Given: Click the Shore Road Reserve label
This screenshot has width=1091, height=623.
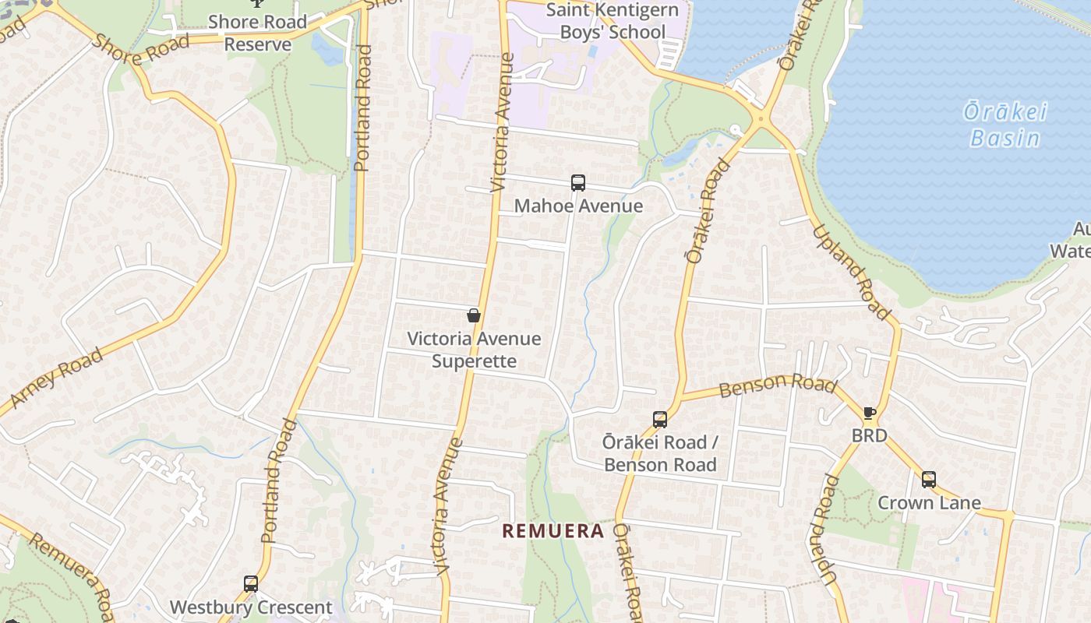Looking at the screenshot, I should tap(257, 33).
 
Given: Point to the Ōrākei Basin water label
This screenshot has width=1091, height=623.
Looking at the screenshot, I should tap(1004, 125).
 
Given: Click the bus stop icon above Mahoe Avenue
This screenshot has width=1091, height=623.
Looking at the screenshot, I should tap(577, 183).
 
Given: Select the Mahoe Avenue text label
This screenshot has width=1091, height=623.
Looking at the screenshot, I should tap(578, 206).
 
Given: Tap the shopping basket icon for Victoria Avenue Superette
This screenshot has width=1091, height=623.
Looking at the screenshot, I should tap(473, 315).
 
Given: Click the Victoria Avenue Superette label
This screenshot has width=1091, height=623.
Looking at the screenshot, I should tap(474, 350).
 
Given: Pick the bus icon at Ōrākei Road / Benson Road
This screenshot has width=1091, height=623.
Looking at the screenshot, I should tap(660, 419).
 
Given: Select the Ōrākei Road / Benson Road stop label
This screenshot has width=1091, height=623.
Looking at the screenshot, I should tap(660, 453).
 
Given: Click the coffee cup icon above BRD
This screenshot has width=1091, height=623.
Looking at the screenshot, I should tap(870, 413).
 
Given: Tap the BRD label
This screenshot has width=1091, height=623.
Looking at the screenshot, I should tap(869, 435).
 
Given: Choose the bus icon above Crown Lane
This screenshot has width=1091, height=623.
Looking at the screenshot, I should tap(928, 479).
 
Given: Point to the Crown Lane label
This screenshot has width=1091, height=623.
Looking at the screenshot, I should tap(929, 502).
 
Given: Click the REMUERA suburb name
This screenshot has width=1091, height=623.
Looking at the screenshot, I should tap(553, 531).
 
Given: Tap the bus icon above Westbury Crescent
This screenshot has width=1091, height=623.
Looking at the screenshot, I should tap(250, 583).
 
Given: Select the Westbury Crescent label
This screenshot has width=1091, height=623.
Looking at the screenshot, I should tap(251, 607).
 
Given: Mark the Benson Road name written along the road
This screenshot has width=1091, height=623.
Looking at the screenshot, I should tap(777, 385).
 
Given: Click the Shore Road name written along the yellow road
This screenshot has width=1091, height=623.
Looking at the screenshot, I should tap(140, 50).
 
